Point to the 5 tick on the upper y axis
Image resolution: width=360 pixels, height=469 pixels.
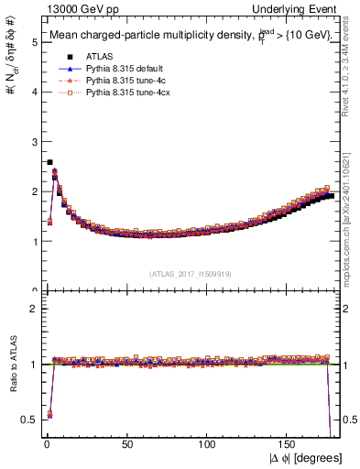[34, 42]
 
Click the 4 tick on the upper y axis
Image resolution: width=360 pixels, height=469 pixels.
[34, 92]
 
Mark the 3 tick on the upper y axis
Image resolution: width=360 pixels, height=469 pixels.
[34, 142]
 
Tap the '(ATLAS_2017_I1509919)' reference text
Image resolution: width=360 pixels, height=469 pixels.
[191, 273]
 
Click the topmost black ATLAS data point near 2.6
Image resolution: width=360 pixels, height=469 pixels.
[49, 162]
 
